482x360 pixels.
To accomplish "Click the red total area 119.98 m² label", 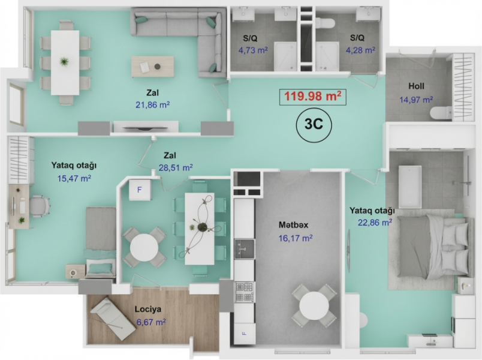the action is point(312,97).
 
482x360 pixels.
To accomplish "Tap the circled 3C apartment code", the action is point(314,124).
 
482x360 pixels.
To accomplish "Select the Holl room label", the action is point(416,86).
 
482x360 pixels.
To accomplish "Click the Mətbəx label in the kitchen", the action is point(293,225).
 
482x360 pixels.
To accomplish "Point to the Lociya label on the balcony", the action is point(148,309).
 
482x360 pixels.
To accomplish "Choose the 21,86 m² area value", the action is point(153,105).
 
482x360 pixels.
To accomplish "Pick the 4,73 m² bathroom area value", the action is point(253,50).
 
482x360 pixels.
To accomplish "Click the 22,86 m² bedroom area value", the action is point(375,222).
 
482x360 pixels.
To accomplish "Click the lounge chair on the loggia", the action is point(113,319).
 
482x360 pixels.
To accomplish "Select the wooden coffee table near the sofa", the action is point(152,67).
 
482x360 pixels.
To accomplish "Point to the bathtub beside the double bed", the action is point(410,187).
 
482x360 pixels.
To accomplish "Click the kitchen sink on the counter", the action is point(245,249).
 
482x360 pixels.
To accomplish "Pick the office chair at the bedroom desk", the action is point(40,206).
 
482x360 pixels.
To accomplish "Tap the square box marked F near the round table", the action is point(140,190).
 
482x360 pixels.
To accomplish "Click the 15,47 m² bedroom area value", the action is point(74,178).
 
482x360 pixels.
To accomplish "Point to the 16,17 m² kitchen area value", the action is point(296,238).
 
